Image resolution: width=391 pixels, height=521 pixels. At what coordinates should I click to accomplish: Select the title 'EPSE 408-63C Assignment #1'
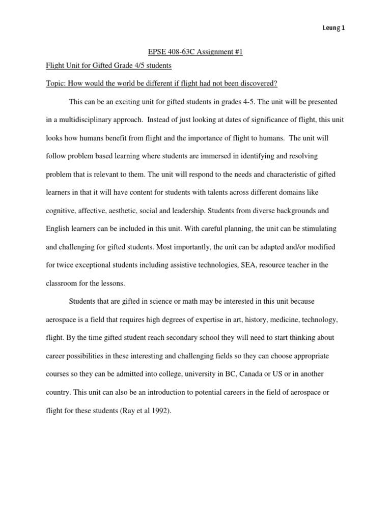(x=195, y=52)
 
